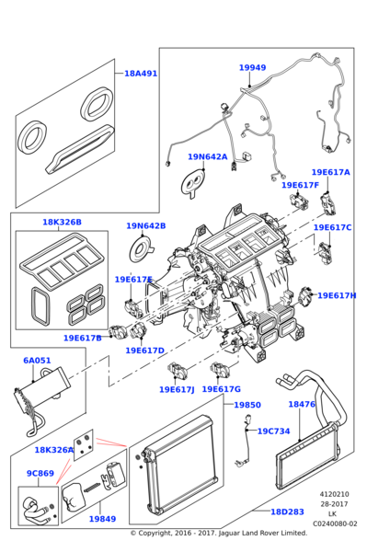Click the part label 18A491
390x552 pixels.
pyautogui.click(x=141, y=73)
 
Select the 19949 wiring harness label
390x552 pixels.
pyautogui.click(x=252, y=67)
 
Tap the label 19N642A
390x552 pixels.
pyautogui.click(x=207, y=156)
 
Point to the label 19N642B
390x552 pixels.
pyautogui.click(x=145, y=225)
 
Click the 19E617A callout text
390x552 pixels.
pyautogui.click(x=330, y=172)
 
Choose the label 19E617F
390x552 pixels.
pyautogui.click(x=299, y=185)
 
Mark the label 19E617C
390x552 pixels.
pyautogui.click(x=332, y=227)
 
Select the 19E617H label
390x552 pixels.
pyautogui.click(x=337, y=295)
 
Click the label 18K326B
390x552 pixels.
pyautogui.click(x=62, y=222)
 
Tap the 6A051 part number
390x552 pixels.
pyautogui.click(x=38, y=361)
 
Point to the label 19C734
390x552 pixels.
pyautogui.click(x=273, y=431)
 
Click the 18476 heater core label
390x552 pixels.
pyautogui.click(x=301, y=404)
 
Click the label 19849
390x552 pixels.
pyautogui.click(x=102, y=519)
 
